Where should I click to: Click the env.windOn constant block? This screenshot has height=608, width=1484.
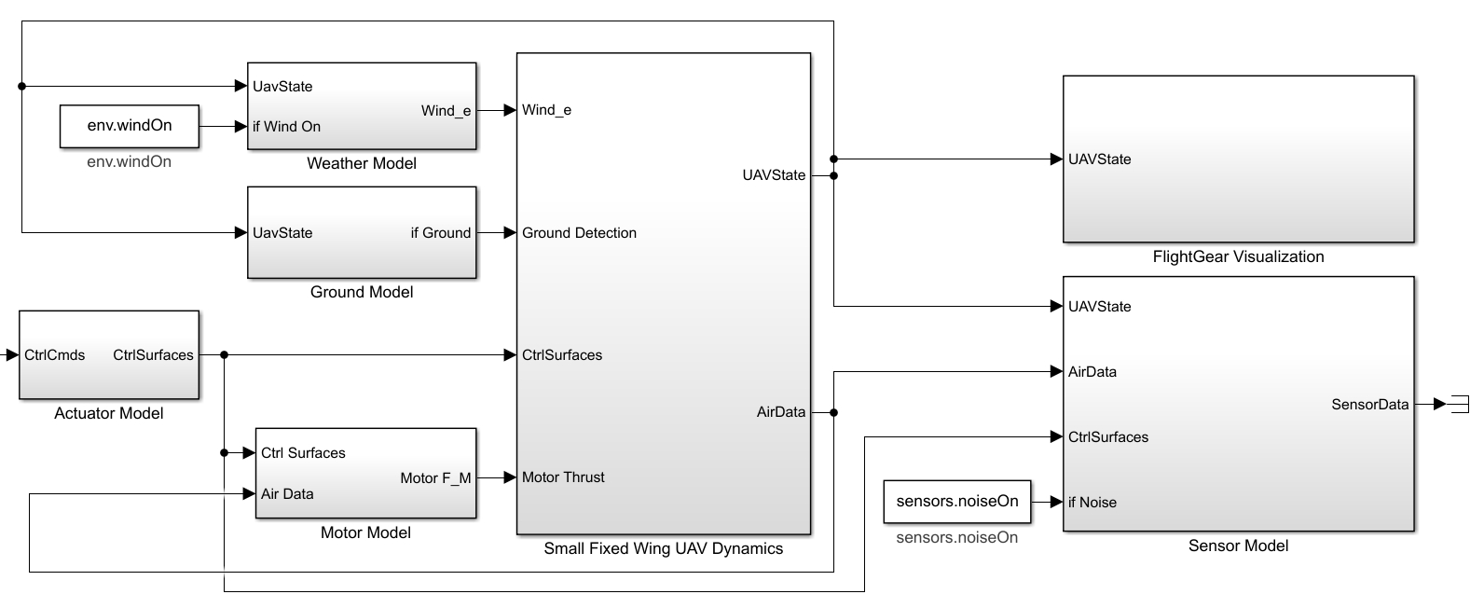[130, 126]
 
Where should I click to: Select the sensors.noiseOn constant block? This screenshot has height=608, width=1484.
[957, 502]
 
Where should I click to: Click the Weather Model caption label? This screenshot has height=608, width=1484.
[362, 164]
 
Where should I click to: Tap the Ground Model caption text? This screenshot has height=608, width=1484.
[362, 293]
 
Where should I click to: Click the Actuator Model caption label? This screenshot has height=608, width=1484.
[109, 414]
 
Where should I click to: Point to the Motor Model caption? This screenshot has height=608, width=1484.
[365, 533]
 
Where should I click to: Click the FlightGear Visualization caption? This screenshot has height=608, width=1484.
[1238, 257]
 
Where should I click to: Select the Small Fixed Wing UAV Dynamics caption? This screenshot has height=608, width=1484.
[663, 549]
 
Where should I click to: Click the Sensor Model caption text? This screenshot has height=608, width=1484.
[1238, 546]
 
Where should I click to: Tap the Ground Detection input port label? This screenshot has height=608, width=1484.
[579, 233]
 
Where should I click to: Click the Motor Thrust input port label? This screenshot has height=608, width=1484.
[563, 477]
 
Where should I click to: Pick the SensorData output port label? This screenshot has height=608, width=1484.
[1369, 405]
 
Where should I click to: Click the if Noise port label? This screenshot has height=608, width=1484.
[1092, 503]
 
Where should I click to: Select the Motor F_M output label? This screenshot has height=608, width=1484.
[435, 478]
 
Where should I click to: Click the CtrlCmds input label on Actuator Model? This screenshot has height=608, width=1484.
[55, 355]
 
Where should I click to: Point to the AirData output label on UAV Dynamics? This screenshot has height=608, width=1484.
[780, 412]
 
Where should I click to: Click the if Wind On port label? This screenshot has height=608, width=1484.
[286, 127]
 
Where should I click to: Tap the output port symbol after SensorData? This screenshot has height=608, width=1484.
[1454, 404]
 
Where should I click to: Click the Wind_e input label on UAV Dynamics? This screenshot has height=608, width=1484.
[546, 110]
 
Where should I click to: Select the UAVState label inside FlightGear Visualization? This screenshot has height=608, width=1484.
[1099, 159]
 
